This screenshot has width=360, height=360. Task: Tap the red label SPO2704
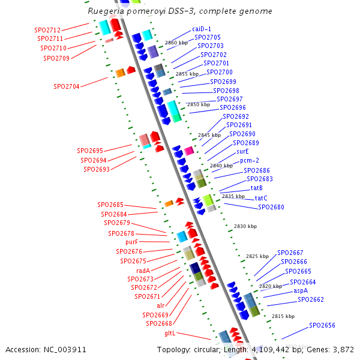click(x=66, y=86)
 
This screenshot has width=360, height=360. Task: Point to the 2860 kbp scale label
click(x=176, y=43)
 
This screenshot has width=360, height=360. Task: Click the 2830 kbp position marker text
click(x=245, y=226)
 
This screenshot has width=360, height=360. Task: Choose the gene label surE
click(x=242, y=152)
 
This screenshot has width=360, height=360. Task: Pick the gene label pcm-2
click(x=250, y=161)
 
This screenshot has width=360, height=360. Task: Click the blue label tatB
click(x=256, y=188)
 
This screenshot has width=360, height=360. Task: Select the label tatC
click(x=261, y=198)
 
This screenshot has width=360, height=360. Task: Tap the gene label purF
click(x=132, y=242)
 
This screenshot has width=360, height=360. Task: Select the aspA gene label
click(x=301, y=290)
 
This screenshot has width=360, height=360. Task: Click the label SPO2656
click(x=322, y=325)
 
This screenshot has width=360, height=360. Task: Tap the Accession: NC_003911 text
click(x=46, y=349)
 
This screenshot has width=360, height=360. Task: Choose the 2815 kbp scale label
click(x=283, y=316)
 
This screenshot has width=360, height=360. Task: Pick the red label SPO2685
click(x=110, y=205)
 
